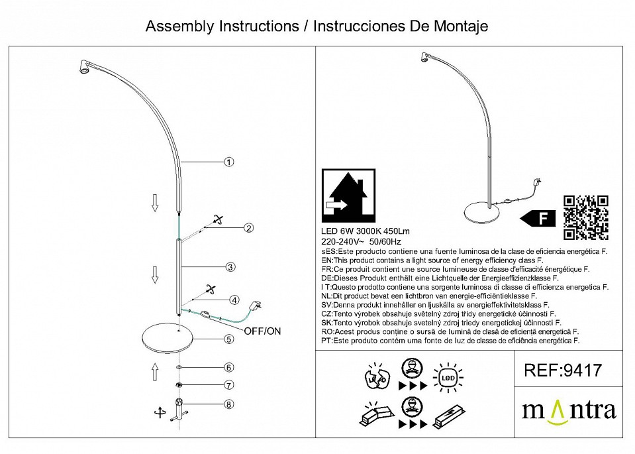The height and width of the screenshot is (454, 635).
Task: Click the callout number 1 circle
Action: [229, 162]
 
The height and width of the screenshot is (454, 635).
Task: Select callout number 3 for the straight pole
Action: [229, 268]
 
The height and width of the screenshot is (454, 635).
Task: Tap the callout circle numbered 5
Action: [228, 339]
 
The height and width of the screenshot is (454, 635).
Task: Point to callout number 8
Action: [228, 404]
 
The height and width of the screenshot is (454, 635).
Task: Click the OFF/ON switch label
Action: [263, 331]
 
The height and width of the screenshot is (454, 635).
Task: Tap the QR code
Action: [585, 217]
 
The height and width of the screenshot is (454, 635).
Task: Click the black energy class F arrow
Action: [537, 218]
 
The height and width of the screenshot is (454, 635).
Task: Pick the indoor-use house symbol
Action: [348, 197]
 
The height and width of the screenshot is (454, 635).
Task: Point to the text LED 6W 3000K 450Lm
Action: [365, 231]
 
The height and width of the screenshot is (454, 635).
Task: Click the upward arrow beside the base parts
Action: [154, 371]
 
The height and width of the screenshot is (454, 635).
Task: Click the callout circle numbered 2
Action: [248, 229]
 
